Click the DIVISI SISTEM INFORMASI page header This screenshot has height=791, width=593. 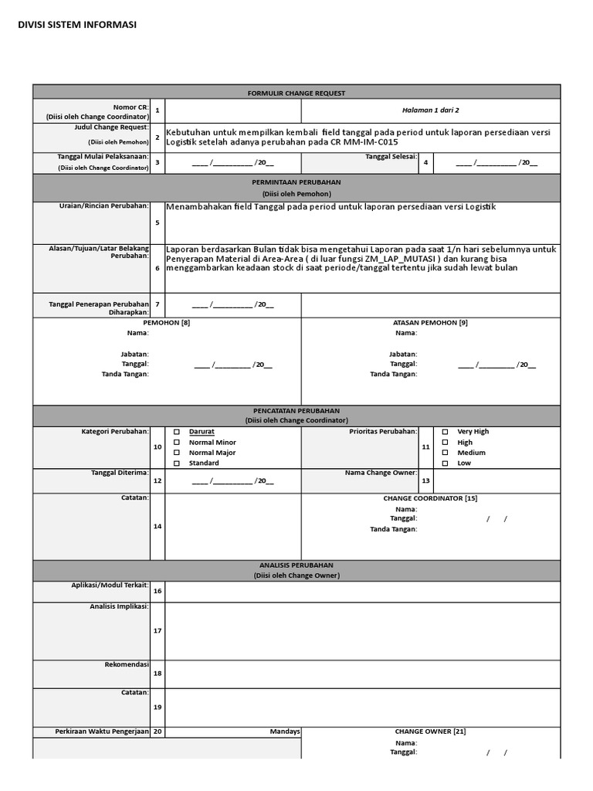coord(77,25)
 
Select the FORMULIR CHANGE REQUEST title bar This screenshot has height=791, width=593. coord(296,93)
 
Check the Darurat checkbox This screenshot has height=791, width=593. coord(177,432)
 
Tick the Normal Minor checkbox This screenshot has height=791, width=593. coord(177,443)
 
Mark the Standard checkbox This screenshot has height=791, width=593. coord(177,463)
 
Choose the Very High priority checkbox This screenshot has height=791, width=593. coord(445,432)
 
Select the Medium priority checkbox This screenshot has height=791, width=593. coord(445,453)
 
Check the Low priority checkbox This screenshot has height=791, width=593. coord(445,463)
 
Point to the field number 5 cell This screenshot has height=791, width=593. coord(157,222)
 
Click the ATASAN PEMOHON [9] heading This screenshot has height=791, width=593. coord(430,322)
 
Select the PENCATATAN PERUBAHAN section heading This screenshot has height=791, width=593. coord(296,411)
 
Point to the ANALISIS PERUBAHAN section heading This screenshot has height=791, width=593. coord(296,565)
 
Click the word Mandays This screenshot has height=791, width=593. coord(285,732)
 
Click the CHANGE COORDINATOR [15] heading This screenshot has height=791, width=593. coord(430,498)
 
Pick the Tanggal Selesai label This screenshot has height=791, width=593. coord(391,157)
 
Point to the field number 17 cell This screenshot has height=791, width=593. coord(157,630)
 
